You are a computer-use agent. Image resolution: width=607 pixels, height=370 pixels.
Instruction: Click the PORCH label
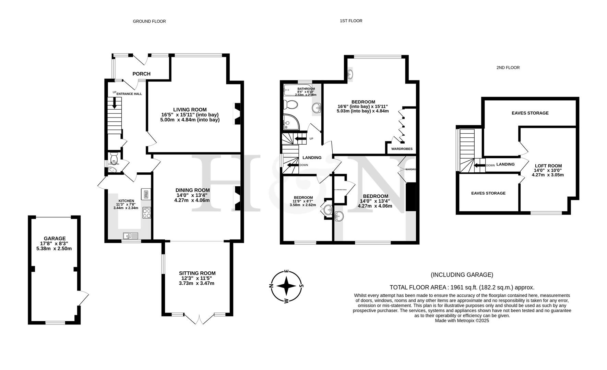(x=141, y=74)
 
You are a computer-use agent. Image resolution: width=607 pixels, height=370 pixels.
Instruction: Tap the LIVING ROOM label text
(x=190, y=110)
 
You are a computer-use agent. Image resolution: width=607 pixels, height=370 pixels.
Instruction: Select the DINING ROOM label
(x=192, y=190)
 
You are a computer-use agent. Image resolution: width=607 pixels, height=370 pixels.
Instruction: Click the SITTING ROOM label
(x=197, y=273)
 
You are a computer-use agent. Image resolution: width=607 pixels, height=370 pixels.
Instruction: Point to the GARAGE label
(x=55, y=238)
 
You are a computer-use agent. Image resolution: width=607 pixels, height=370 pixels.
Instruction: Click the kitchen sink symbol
(x=130, y=235)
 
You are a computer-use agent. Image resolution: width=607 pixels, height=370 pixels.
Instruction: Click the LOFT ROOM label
(x=548, y=166)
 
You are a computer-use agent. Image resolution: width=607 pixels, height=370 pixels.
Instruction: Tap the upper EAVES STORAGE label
(x=530, y=113)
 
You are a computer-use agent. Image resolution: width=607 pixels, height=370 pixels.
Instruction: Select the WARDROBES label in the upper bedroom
(x=402, y=149)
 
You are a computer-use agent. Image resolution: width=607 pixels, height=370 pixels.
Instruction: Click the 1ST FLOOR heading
(x=351, y=21)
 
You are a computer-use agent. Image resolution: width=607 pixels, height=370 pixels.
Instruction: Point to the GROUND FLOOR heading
(x=149, y=21)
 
